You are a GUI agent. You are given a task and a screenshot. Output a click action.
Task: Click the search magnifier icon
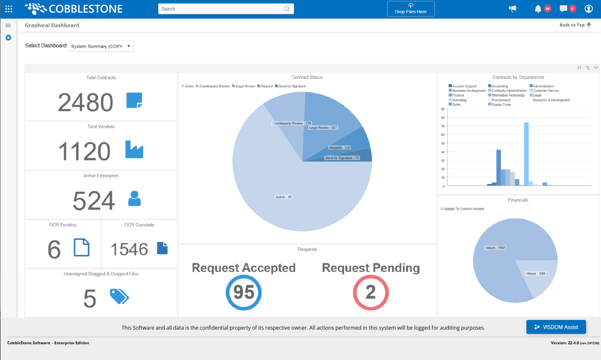pyautogui.click(x=286, y=9)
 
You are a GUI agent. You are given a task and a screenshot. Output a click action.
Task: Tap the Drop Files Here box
pyautogui.click(x=411, y=9)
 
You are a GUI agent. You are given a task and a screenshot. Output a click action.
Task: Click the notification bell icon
pyautogui.click(x=538, y=9)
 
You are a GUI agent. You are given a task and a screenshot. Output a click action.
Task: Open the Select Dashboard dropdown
pyautogui.click(x=101, y=46)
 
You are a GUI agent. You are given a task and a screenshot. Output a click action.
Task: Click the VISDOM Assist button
pyautogui.click(x=556, y=327)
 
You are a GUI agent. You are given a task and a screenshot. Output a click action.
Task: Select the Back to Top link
pyautogui.click(x=575, y=25)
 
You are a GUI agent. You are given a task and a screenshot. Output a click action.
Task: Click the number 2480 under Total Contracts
pyautogui.click(x=85, y=102)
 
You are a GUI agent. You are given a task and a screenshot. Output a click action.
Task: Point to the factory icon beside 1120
pyautogui.click(x=134, y=149)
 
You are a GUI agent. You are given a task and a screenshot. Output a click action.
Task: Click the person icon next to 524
pyautogui.click(x=134, y=199)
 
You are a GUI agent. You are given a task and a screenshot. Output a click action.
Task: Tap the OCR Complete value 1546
pyautogui.click(x=129, y=249)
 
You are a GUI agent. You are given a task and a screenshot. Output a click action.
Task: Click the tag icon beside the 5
pyautogui.click(x=119, y=297)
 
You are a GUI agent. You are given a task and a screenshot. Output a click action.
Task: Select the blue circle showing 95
pyautogui.click(x=244, y=292)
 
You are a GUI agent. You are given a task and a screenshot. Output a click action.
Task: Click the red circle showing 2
pyautogui.click(x=371, y=292)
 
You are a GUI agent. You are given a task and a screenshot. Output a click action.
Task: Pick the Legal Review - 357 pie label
pyautogui.click(x=323, y=128)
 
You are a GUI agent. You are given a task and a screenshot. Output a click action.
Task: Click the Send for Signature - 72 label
pyautogui.click(x=342, y=158)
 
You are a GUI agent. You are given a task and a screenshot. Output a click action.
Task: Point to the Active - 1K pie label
pyautogui.click(x=283, y=197)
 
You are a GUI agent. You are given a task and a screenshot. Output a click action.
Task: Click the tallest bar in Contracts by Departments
pyautogui.click(x=526, y=154)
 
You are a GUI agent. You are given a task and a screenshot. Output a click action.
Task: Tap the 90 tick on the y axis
pyautogui.click(x=443, y=109)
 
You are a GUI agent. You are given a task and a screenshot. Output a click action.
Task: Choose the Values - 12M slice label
pyautogui.click(x=535, y=273)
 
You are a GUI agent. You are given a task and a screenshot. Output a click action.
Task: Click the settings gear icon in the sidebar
pyautogui.click(x=8, y=38)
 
